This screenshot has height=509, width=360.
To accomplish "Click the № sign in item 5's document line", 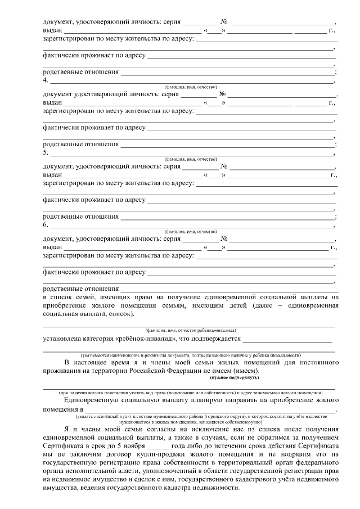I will tap(223, 167).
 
